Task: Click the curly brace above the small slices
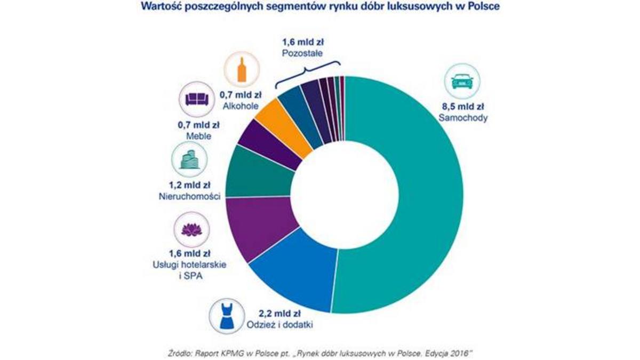coord(307,73)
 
